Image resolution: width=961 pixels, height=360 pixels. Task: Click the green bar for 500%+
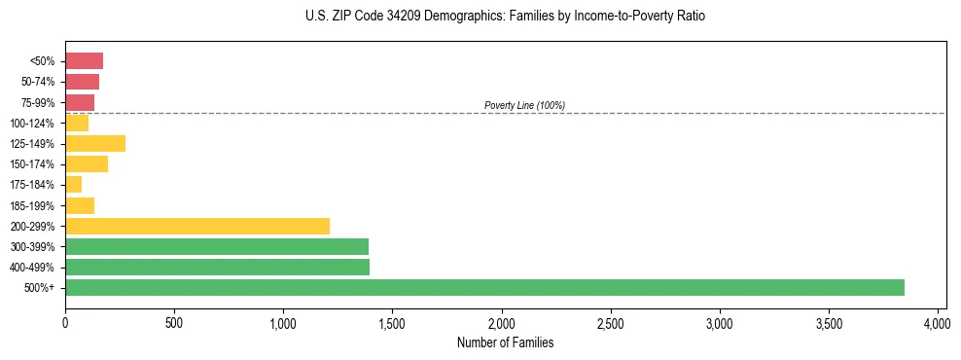tap(484, 287)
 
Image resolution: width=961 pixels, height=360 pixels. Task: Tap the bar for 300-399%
tap(217, 246)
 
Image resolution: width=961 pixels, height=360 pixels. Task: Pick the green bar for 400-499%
tap(217, 267)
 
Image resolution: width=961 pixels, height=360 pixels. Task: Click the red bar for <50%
tap(84, 61)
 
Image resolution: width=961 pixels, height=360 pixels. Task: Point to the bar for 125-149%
tap(95, 143)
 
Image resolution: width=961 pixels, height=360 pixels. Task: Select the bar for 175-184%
tap(73, 184)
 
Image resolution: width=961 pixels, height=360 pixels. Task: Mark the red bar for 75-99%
tap(80, 102)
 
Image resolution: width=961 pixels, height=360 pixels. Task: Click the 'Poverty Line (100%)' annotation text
tap(524, 105)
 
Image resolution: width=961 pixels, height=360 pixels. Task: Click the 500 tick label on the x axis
tap(174, 322)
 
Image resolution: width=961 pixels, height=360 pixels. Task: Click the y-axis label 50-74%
tap(39, 82)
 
